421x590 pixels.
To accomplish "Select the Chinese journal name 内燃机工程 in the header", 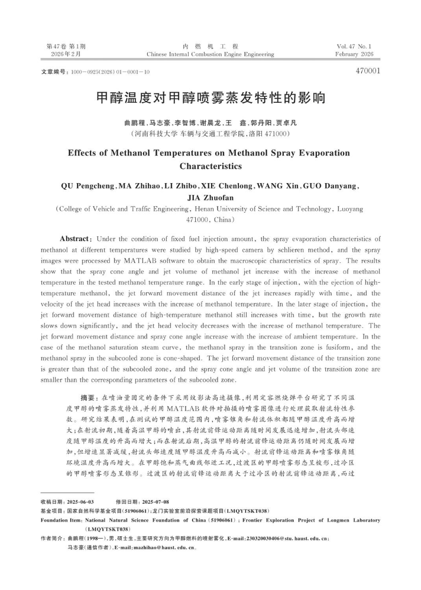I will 210,46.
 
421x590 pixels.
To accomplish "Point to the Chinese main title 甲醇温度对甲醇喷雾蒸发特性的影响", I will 210,97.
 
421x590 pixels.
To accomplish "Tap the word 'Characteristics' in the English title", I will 210,166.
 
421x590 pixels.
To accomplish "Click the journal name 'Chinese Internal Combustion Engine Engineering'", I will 210,54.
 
